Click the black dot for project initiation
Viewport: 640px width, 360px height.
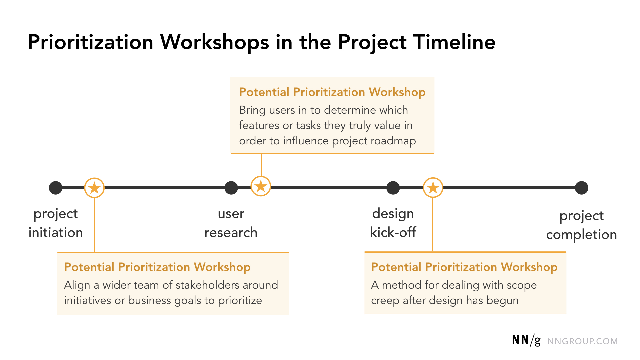coord(56,188)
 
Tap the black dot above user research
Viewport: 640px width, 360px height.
coord(231,188)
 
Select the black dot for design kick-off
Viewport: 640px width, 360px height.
coord(393,188)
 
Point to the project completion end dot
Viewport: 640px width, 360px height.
coord(582,188)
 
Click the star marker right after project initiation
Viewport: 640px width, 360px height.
coord(94,188)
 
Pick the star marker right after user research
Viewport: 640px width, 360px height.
coord(261,186)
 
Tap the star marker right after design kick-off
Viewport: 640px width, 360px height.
coord(433,188)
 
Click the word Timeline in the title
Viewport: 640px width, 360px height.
coord(454,42)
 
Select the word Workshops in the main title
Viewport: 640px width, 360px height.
coord(215,42)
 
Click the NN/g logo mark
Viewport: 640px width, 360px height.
coord(526,340)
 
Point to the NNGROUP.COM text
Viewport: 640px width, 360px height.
coord(582,341)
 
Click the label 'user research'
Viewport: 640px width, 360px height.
coord(231,223)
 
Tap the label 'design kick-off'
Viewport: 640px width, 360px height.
coord(393,223)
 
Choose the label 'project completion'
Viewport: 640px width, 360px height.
coord(582,225)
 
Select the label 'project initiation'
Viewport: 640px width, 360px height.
coord(56,223)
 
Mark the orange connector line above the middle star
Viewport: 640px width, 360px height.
coord(261,165)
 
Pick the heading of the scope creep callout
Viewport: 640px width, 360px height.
coord(464,267)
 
